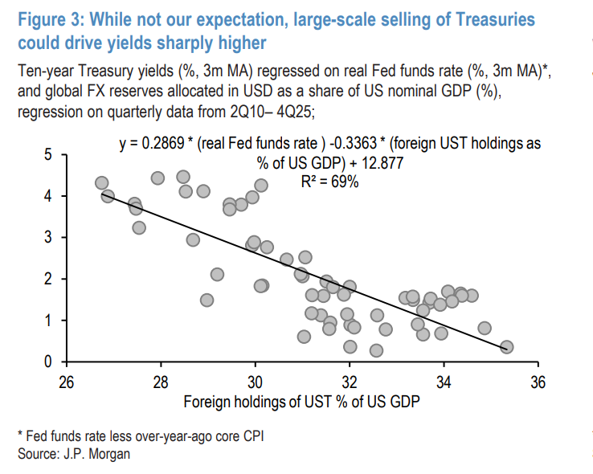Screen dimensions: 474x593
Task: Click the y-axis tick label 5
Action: pos(49,154)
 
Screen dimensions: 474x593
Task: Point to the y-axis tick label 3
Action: pos(49,238)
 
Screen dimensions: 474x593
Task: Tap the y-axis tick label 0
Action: pos(49,362)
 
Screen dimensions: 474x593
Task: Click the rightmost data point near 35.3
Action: pos(506,347)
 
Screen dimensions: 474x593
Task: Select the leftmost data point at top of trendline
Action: pos(101,183)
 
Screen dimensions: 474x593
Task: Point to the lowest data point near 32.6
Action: pos(376,350)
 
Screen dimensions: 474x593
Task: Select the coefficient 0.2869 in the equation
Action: pos(162,144)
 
